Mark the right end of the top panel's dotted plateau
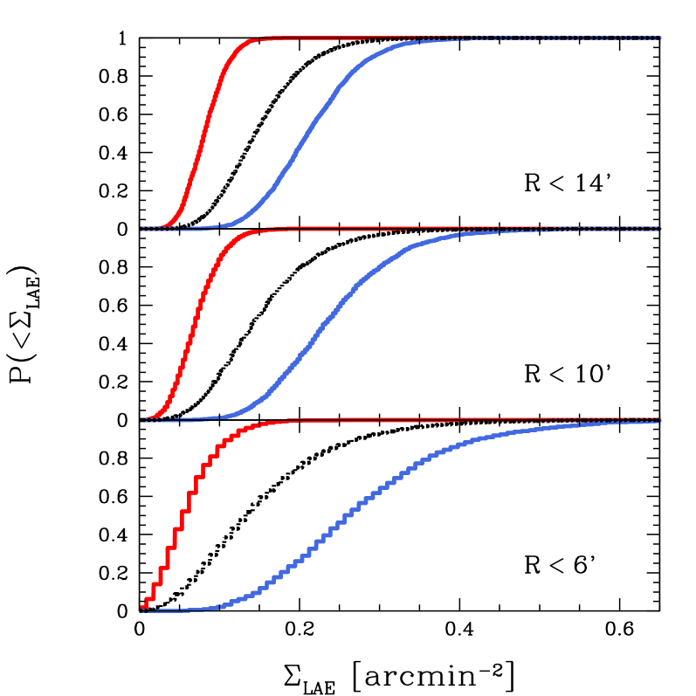click(x=659, y=38)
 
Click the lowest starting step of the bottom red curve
click(x=145, y=604)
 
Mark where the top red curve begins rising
click(x=166, y=224)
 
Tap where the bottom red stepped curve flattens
click(x=266, y=423)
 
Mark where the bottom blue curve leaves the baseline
click(x=214, y=607)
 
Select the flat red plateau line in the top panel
click(x=349, y=38)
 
